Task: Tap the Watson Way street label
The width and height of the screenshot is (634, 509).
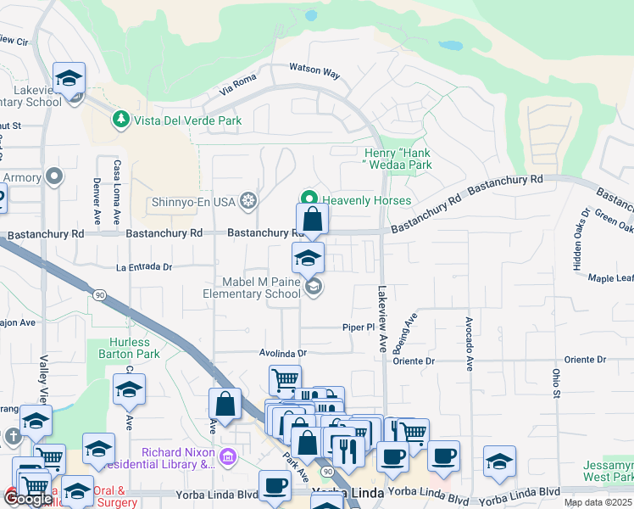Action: [314, 70]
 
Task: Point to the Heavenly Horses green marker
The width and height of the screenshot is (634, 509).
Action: [310, 200]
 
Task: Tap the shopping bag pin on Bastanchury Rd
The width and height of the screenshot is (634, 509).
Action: [312, 221]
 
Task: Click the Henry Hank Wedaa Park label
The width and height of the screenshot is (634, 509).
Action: [392, 159]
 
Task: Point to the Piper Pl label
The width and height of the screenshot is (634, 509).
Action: [358, 327]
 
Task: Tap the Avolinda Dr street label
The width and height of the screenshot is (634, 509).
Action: [282, 352]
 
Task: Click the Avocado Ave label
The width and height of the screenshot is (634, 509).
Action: [467, 344]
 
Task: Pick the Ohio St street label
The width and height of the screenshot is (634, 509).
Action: [557, 383]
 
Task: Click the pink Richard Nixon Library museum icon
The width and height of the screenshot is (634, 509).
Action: [226, 458]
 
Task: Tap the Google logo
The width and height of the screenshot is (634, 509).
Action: [29, 498]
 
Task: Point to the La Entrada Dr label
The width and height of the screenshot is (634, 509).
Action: [144, 266]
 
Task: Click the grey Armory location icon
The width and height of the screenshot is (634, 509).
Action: [55, 177]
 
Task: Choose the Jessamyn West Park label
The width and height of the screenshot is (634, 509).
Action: [609, 472]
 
